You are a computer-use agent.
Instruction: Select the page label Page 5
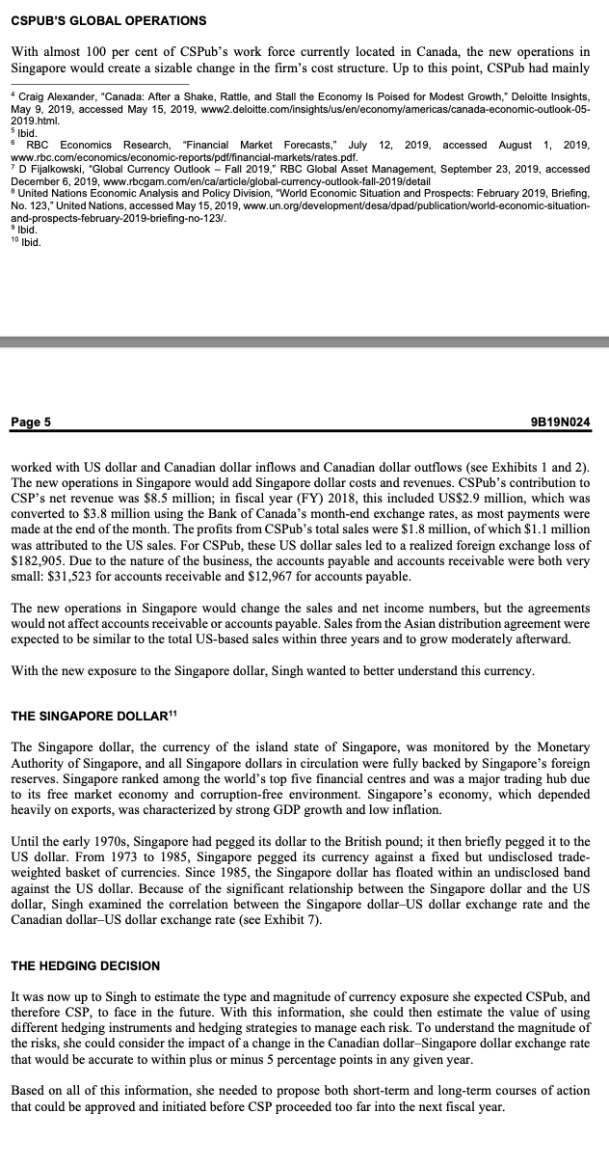click(31, 421)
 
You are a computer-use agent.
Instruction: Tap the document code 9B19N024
click(565, 421)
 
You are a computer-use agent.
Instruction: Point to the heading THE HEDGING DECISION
click(85, 965)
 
